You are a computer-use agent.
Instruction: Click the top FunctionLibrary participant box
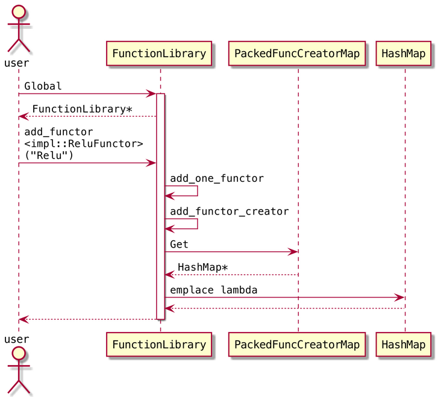click(160, 53)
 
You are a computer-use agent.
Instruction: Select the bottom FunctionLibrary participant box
click(160, 345)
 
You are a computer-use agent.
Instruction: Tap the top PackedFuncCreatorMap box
click(297, 53)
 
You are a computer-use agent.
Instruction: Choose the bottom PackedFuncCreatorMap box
click(297, 345)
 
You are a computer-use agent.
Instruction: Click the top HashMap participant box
click(404, 53)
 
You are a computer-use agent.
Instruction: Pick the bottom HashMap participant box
click(404, 345)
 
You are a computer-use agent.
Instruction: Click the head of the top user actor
click(19, 13)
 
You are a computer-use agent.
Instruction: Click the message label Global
click(43, 86)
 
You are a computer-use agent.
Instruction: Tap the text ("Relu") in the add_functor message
click(49, 155)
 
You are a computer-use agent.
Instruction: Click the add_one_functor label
click(217, 178)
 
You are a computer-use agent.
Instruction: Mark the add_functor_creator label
click(229, 211)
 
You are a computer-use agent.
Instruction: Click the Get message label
click(179, 244)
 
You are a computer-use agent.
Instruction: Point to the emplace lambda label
click(213, 290)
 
